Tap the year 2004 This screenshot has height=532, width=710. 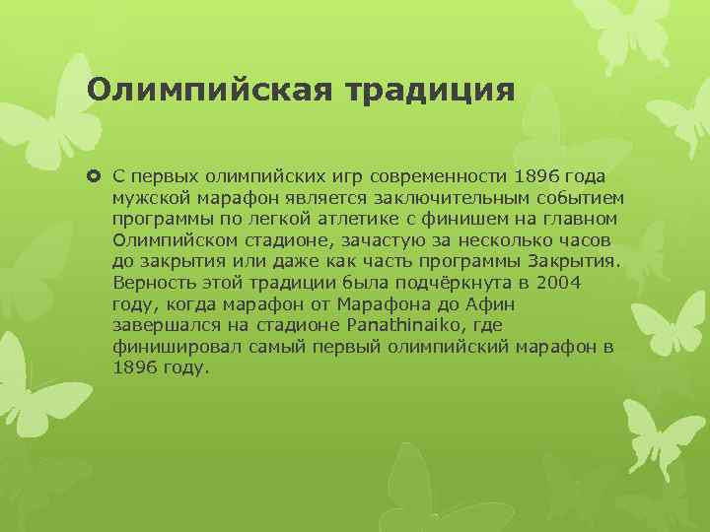click(x=560, y=283)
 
